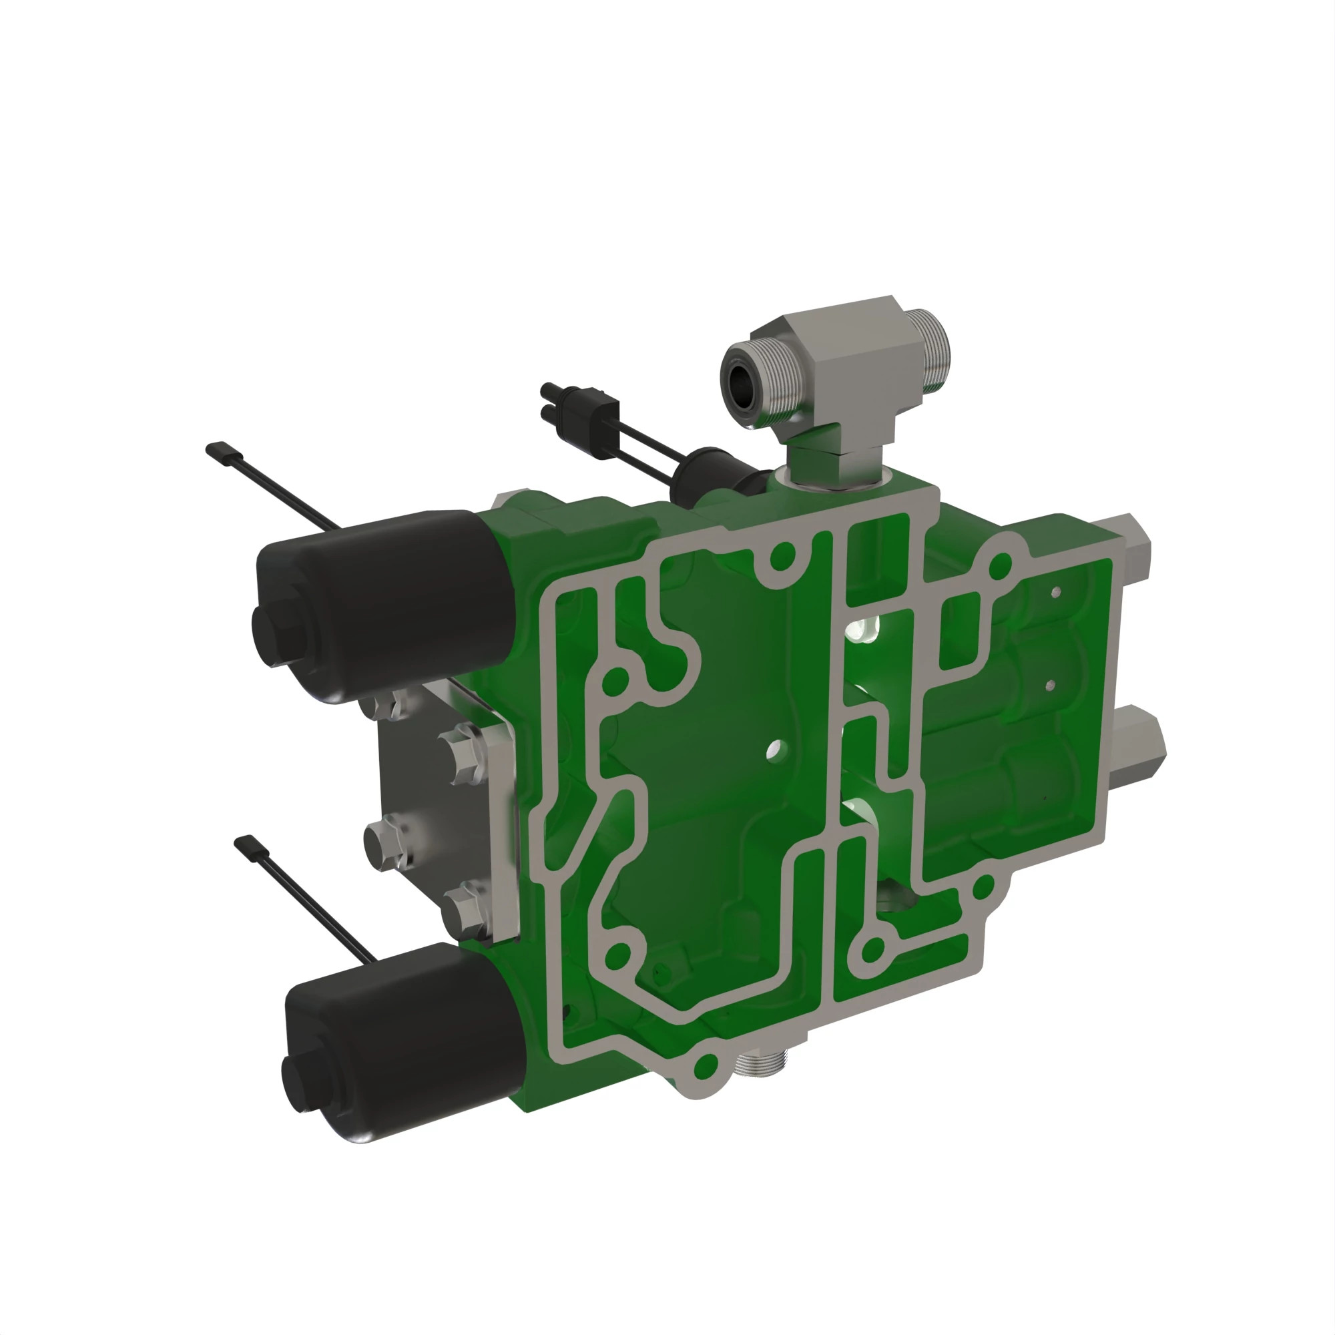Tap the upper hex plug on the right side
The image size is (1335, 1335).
coord(1133,546)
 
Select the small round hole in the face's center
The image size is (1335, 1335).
coord(776,748)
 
